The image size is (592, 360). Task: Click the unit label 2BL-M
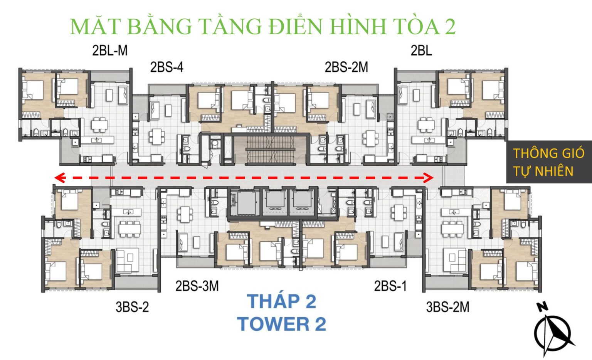point(110,50)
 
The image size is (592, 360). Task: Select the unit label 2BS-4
point(166,67)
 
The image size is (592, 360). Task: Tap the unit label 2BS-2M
point(346,67)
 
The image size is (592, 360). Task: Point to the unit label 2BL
point(421,50)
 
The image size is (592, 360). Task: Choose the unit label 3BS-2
point(132,307)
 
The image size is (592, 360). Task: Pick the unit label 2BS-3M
point(197,286)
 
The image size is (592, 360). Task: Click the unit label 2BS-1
point(390,286)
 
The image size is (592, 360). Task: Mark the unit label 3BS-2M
point(447,307)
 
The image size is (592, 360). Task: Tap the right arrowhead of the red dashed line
point(428,178)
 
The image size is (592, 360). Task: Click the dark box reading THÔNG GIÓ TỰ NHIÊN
point(548,162)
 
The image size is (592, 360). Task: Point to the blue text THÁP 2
point(281,301)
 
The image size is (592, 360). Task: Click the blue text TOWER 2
point(281,324)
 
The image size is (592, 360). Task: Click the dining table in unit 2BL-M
point(99,124)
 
